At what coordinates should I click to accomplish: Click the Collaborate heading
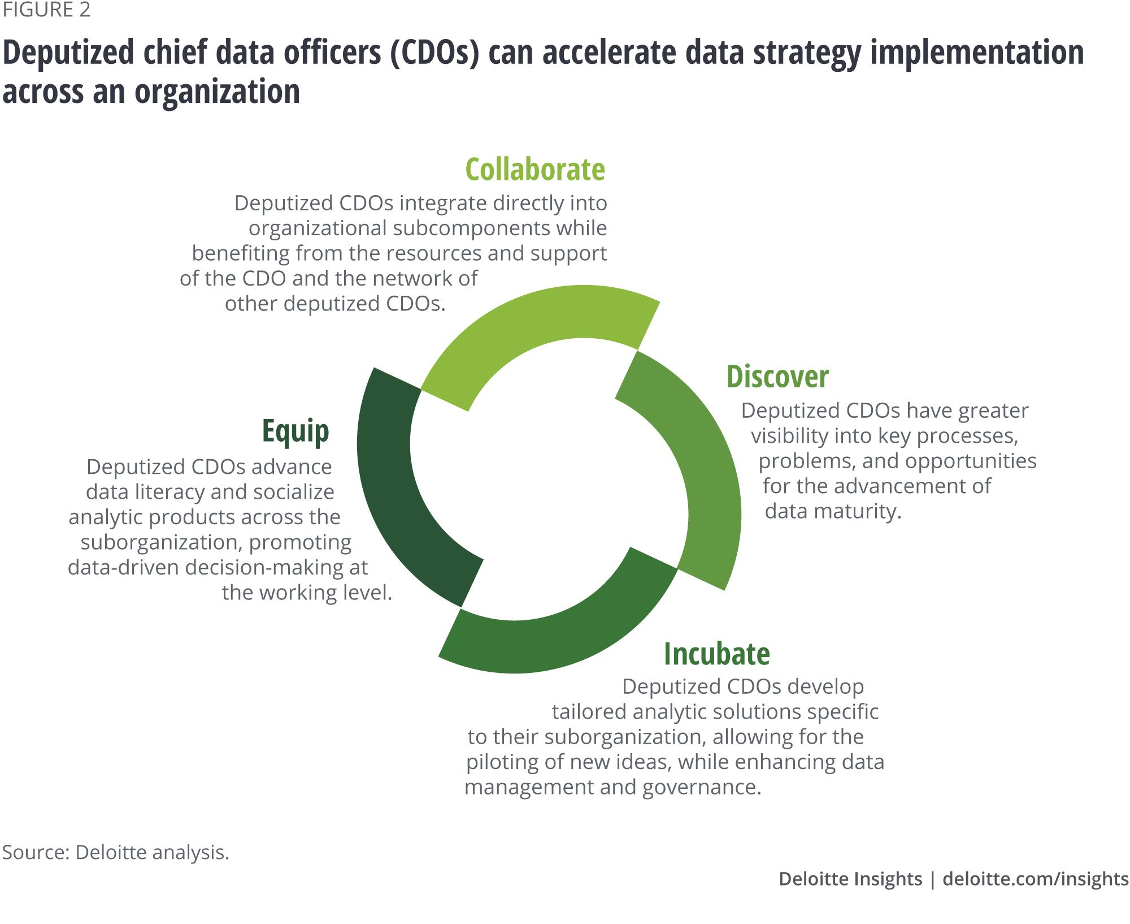(535, 169)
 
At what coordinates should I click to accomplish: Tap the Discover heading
(777, 377)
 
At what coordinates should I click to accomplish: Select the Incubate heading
(717, 654)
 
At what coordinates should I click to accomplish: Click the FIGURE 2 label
(46, 10)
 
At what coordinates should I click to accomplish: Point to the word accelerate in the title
(610, 52)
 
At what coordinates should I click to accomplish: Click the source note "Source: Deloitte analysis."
(116, 852)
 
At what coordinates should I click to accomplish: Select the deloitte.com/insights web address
(1036, 879)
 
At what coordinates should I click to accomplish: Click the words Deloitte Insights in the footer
(850, 879)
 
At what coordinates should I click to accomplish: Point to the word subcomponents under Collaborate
(471, 228)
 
